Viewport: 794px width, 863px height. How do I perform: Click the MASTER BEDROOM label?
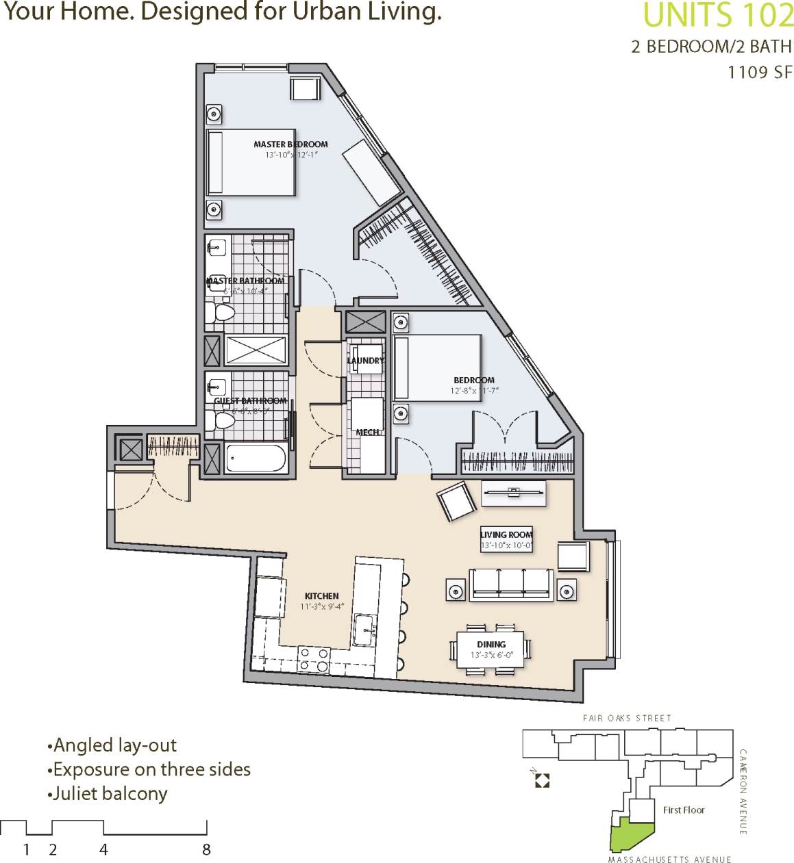(x=290, y=144)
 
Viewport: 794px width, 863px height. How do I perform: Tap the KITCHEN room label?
(x=321, y=596)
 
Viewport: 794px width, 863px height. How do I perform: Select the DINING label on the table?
(x=491, y=645)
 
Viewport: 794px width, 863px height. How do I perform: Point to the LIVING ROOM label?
(x=506, y=534)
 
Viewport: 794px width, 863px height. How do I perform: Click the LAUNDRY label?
(x=366, y=361)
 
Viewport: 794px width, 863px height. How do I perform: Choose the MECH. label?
(x=368, y=433)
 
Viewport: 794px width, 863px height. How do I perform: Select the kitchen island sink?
(x=364, y=629)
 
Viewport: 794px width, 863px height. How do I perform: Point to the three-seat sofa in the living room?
(x=510, y=584)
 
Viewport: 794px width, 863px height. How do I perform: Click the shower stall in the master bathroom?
(x=255, y=350)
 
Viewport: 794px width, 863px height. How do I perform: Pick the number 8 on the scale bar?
(x=206, y=850)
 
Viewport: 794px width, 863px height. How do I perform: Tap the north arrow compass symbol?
(x=542, y=780)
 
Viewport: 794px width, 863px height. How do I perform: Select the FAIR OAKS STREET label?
(x=627, y=718)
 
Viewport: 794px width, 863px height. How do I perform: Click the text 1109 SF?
(x=759, y=73)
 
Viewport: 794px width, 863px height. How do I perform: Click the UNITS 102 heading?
(x=718, y=15)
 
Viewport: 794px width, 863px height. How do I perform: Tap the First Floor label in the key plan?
(x=683, y=810)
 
